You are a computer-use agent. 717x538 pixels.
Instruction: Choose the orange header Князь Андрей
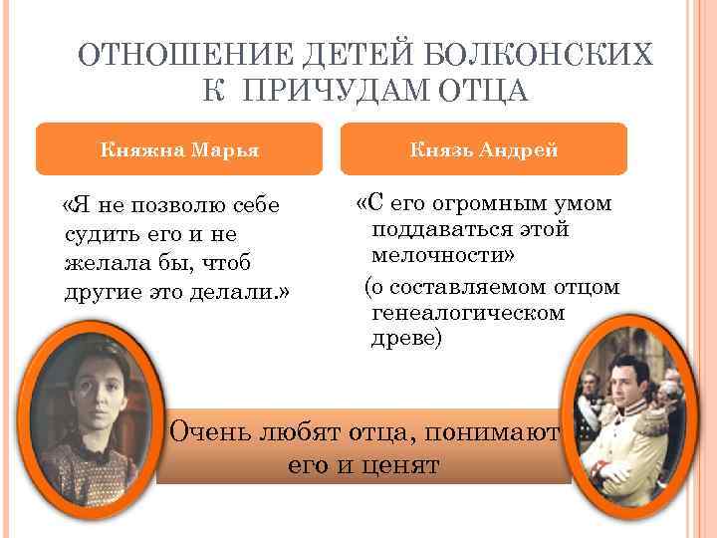tap(485, 149)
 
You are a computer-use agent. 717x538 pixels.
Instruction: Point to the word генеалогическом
tap(467, 313)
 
